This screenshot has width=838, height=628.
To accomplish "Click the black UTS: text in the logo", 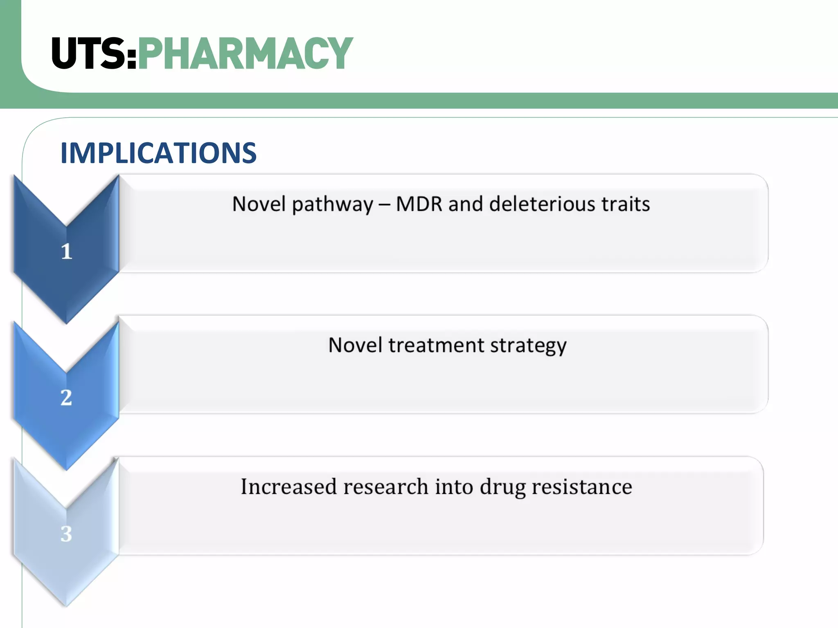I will tap(94, 53).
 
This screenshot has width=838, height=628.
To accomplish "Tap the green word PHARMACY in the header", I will tap(246, 53).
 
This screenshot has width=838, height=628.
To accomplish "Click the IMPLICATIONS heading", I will tap(158, 153).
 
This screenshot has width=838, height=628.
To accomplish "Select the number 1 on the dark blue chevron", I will tap(67, 251).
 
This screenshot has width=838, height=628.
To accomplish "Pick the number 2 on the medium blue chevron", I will tap(66, 397).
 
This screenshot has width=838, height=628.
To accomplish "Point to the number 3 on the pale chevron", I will tap(66, 534).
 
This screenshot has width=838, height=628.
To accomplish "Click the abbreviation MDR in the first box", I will tap(419, 204).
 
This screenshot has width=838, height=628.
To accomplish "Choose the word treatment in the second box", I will tap(436, 345).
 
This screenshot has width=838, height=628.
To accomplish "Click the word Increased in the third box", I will tap(288, 487).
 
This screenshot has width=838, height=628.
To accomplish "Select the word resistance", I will tap(582, 487).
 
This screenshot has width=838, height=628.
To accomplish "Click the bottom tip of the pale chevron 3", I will tap(66, 604).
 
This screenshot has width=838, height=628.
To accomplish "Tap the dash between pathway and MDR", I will tap(384, 204).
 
